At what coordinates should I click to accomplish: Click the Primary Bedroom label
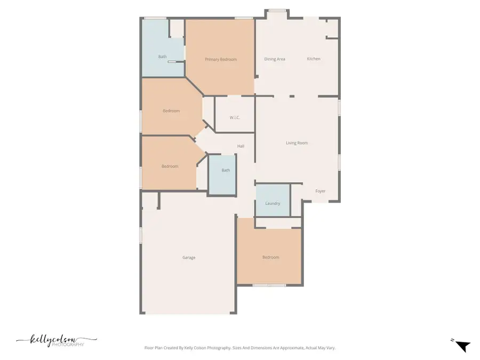coord(220,59)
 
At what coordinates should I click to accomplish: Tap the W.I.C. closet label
coord(234,117)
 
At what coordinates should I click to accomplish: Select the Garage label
coord(189,258)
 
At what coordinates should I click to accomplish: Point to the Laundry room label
coord(273,203)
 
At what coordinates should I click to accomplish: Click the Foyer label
coord(320,191)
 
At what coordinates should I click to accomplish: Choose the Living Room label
coord(297,143)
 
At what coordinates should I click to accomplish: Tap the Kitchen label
coord(314,59)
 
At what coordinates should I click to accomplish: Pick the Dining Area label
coord(275,59)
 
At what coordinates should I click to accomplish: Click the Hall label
coord(241,146)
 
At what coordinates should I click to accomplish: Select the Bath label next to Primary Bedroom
coord(162,57)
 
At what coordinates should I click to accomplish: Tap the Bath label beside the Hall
coord(226,171)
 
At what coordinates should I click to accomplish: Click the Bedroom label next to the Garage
coord(270,258)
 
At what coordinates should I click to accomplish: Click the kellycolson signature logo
coord(56,339)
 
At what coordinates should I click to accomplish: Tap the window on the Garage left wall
coord(141,235)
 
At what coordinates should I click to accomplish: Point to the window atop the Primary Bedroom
coord(244,19)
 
